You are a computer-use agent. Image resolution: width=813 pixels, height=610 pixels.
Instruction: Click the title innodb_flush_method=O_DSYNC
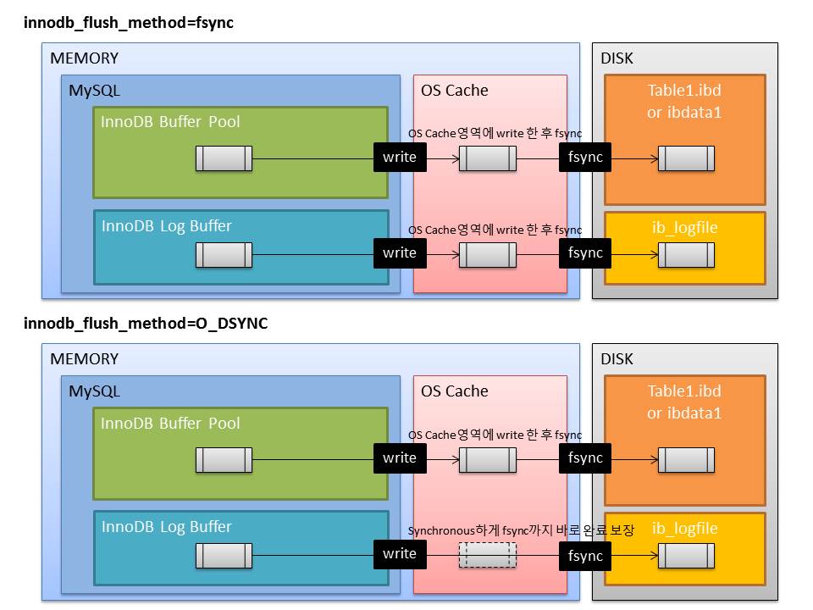tap(146, 324)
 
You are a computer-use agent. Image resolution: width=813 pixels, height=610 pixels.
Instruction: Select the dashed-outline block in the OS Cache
tap(487, 554)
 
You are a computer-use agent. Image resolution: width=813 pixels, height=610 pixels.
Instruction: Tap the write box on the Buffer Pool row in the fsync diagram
tap(400, 158)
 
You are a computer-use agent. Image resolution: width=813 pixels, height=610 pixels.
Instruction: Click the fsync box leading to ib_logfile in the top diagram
tap(585, 252)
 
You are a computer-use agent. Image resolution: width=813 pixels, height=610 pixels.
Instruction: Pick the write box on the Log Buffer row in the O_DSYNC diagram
tap(400, 554)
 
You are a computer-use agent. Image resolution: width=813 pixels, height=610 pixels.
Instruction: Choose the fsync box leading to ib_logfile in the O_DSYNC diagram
tap(585, 555)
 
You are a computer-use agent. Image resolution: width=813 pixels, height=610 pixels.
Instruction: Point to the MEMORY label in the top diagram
tap(84, 58)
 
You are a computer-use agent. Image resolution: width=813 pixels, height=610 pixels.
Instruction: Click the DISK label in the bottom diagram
tap(617, 359)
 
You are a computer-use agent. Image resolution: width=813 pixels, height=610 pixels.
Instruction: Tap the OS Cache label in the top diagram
tap(455, 91)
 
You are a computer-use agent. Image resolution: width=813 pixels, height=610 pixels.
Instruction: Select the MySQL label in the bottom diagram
tap(94, 391)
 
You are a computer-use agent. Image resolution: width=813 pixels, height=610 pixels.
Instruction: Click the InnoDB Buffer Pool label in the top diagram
tap(170, 122)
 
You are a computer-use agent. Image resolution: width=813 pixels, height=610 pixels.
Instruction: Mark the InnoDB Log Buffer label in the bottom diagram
tap(166, 527)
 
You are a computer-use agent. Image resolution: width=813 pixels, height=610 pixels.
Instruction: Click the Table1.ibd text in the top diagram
tap(684, 91)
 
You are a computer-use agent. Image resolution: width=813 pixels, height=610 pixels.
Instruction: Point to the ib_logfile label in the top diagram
tap(684, 228)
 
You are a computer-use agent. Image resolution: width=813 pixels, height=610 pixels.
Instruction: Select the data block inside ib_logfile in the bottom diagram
tap(686, 556)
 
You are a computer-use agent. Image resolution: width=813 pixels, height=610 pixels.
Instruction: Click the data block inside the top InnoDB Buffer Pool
tap(224, 158)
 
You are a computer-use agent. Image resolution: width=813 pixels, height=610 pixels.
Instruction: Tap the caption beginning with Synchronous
tap(521, 530)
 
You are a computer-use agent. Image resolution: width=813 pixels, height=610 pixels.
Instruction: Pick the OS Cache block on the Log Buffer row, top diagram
tap(487, 254)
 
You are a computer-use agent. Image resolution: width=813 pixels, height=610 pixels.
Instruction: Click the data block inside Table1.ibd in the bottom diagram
tap(686, 459)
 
